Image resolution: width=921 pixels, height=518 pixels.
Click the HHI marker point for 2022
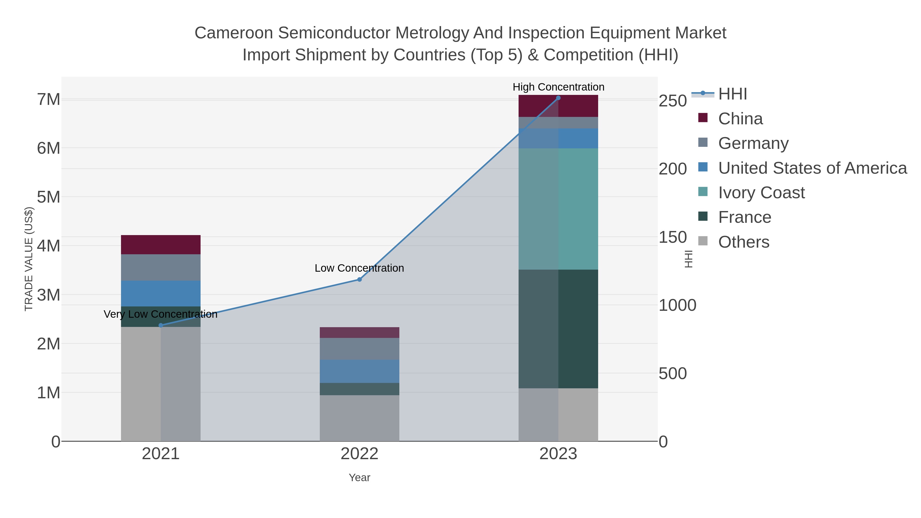point(359,280)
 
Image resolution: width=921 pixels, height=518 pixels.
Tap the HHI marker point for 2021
point(160,325)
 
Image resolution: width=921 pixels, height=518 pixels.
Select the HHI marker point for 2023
point(558,98)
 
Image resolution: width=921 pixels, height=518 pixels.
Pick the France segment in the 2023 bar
point(558,329)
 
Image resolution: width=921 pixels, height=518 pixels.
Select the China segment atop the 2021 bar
point(160,245)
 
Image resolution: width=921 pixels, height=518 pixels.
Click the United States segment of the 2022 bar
point(359,371)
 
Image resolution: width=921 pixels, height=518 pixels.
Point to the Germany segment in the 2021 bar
point(160,267)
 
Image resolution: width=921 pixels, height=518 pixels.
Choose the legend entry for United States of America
point(812,168)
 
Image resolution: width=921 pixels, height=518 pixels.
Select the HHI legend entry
point(732,94)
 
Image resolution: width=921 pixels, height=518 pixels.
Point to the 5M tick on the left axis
point(49,197)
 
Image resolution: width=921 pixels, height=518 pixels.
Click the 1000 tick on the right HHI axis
point(677,306)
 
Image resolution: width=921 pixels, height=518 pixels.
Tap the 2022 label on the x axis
point(359,454)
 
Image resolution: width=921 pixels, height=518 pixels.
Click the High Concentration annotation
point(558,87)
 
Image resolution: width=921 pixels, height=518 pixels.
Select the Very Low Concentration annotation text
point(160,314)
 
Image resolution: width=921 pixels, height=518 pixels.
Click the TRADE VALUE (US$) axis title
point(29,259)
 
